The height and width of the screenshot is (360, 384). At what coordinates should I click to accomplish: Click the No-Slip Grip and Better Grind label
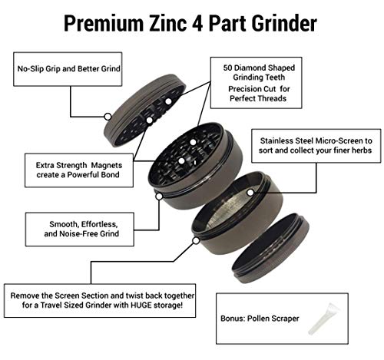point(68,68)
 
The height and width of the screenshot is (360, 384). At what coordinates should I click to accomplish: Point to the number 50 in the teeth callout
point(227,68)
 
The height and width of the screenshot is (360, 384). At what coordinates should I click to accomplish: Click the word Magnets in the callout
point(107,165)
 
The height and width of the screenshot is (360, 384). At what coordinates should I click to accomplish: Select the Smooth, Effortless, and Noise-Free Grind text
point(81,229)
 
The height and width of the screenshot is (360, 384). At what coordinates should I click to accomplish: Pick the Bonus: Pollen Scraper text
point(260,319)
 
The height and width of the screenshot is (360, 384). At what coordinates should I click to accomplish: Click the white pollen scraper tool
point(323,319)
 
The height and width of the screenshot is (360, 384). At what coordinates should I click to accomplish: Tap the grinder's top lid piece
point(144,111)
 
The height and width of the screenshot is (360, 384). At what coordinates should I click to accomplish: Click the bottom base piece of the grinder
point(270,248)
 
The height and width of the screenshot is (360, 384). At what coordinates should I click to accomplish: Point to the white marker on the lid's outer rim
point(108,117)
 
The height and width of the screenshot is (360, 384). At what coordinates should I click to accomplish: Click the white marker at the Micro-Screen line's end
point(250,192)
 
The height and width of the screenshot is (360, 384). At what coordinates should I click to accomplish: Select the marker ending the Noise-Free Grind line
point(159,197)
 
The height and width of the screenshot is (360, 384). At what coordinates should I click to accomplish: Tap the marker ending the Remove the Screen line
point(196,240)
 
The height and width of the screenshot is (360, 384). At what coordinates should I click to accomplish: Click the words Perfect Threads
point(258,98)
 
